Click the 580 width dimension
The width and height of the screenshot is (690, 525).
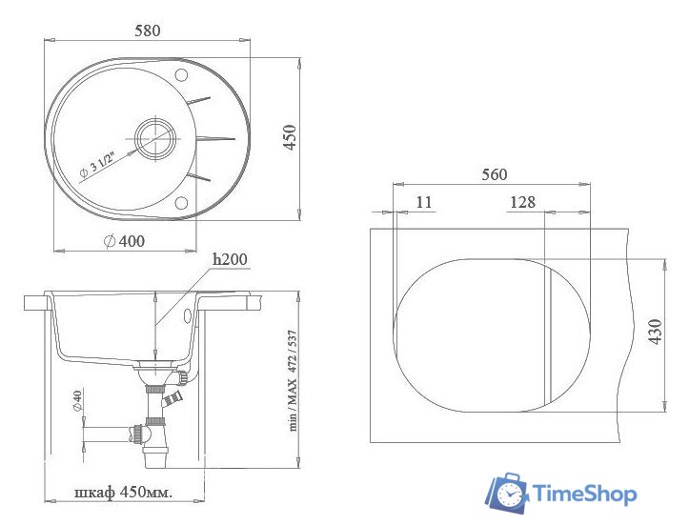click(147, 30)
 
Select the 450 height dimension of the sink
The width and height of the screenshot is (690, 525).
click(291, 137)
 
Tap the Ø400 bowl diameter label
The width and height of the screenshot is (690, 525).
click(124, 241)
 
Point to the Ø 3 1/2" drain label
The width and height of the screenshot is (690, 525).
click(96, 163)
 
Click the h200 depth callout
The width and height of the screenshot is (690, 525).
click(229, 258)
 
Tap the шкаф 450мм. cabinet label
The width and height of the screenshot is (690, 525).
click(124, 493)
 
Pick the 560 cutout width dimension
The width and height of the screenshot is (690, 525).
click(494, 174)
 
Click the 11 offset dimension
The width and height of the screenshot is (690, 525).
click(424, 201)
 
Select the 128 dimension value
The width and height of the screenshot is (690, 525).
click(522, 201)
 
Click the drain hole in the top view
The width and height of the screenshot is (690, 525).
click(153, 138)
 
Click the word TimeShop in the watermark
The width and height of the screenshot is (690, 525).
click(583, 494)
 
